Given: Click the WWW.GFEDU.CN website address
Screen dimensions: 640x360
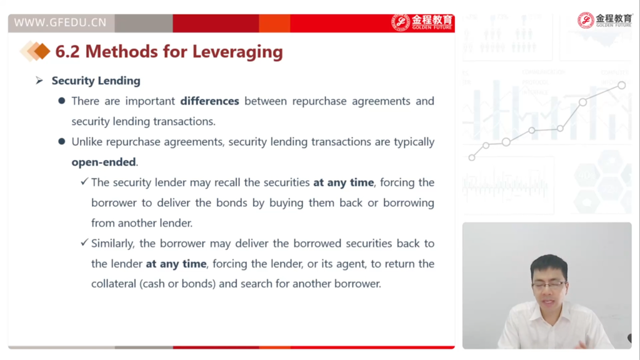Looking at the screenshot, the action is click(x=60, y=22).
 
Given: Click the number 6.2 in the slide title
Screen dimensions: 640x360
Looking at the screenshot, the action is click(x=67, y=52).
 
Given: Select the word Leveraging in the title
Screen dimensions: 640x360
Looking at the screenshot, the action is click(x=237, y=52).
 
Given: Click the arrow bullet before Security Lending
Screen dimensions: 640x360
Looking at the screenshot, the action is click(x=39, y=81).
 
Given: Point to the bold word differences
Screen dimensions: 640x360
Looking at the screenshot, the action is click(x=210, y=101).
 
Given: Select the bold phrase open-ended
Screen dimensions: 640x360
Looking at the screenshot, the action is click(x=104, y=162).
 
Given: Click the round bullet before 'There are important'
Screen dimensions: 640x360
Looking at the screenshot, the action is click(x=62, y=101).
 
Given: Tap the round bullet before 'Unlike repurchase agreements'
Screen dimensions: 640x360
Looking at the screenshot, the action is click(x=62, y=141).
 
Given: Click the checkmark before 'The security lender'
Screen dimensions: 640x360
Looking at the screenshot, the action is click(x=84, y=181).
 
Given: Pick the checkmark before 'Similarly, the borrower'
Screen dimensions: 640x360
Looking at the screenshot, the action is click(x=84, y=242).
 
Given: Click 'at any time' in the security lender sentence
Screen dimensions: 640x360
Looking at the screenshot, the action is click(x=344, y=182).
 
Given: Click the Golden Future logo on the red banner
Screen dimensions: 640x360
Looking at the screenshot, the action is click(x=422, y=22).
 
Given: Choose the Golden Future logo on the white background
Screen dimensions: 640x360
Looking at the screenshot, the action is click(x=604, y=20).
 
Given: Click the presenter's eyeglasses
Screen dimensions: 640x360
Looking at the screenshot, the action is click(x=549, y=284).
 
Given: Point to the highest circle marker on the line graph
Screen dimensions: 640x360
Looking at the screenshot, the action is click(x=621, y=85).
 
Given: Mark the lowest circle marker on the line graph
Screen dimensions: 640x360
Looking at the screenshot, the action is click(x=472, y=157).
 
